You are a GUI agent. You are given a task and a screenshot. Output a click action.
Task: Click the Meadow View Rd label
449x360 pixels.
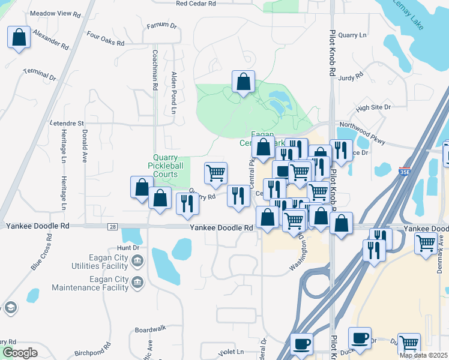(x=55, y=13)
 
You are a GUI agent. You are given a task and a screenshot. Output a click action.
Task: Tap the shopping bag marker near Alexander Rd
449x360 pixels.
(x=19, y=37)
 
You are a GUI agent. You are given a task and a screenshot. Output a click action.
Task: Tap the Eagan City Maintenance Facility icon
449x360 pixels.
(x=137, y=283)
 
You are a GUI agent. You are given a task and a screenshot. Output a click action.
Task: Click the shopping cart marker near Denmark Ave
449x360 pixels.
(x=426, y=244)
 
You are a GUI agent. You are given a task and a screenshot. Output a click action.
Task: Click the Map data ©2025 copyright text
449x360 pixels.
(x=423, y=355)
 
